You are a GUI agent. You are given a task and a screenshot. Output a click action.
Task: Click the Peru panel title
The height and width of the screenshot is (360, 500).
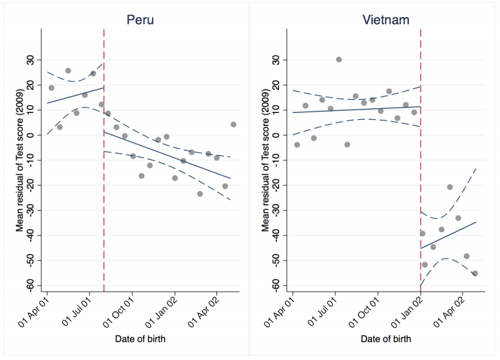(140, 19)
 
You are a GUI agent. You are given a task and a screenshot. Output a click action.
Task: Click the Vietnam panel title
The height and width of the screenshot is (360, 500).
(386, 19)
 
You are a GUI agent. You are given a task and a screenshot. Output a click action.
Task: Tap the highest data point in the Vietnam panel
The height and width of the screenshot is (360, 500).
(338, 60)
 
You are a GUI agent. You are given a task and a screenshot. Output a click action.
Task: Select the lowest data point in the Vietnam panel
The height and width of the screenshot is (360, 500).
(475, 273)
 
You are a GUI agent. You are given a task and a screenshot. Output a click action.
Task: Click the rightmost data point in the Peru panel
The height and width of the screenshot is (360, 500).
(234, 125)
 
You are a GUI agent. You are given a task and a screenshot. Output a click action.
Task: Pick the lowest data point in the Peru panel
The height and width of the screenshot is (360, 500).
(200, 194)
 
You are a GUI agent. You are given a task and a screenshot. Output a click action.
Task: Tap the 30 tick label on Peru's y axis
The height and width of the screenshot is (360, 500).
(31, 60)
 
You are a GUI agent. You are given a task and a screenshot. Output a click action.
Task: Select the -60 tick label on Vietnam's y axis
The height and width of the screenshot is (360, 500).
(277, 285)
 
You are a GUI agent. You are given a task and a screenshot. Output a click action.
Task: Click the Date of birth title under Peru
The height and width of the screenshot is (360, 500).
(140, 338)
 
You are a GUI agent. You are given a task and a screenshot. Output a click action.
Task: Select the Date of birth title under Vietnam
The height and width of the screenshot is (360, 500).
(386, 338)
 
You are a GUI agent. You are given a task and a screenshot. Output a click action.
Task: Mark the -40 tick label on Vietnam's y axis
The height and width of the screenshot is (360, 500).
(277, 235)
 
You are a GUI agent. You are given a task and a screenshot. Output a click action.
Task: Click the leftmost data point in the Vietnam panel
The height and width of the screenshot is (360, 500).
(297, 144)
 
